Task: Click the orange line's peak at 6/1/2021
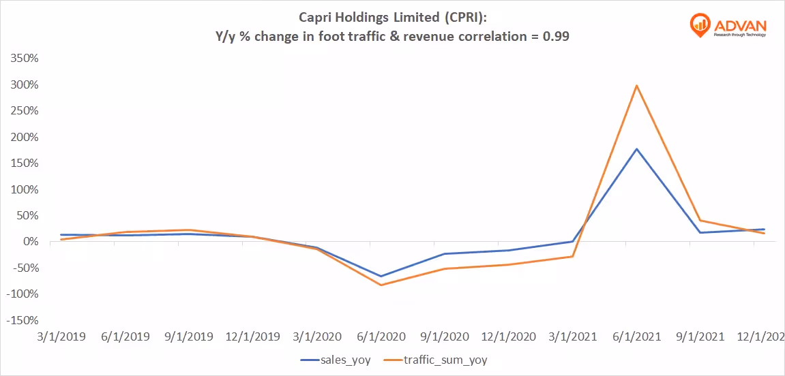tap(636, 86)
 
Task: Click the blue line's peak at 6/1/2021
tap(636, 148)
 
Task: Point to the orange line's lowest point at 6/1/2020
tap(380, 285)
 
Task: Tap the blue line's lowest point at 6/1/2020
tap(380, 277)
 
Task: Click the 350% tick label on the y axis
tap(24, 59)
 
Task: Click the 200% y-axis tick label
tap(24, 137)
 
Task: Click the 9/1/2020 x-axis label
tap(444, 336)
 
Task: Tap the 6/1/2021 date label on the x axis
tap(636, 336)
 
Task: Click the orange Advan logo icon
tap(700, 25)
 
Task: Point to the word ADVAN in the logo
tap(740, 22)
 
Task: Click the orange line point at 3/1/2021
tap(572, 256)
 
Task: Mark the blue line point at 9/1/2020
tap(444, 254)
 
